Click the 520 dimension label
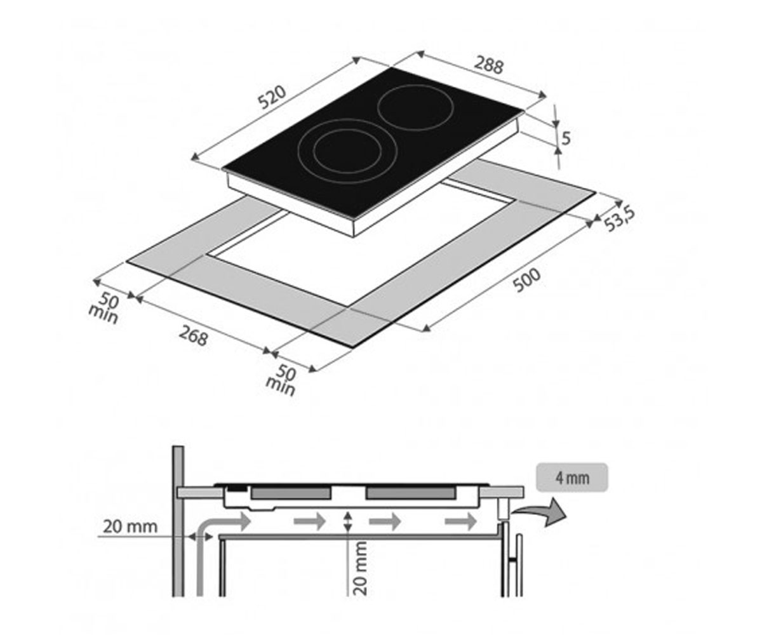point(272,97)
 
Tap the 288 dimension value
point(489,67)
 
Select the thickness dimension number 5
point(566,138)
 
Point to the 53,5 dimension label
point(620,219)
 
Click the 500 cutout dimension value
point(526,280)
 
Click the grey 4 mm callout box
point(572,478)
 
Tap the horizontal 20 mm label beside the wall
point(130,526)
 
